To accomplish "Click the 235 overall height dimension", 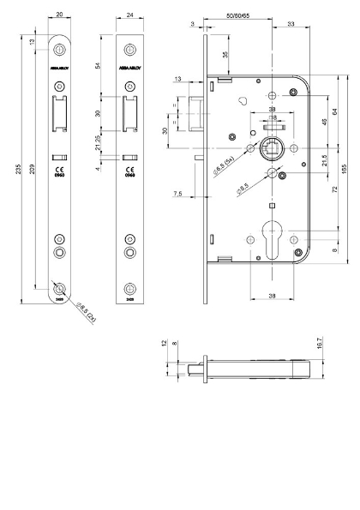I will point(19,170).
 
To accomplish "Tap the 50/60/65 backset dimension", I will point(239,16).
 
